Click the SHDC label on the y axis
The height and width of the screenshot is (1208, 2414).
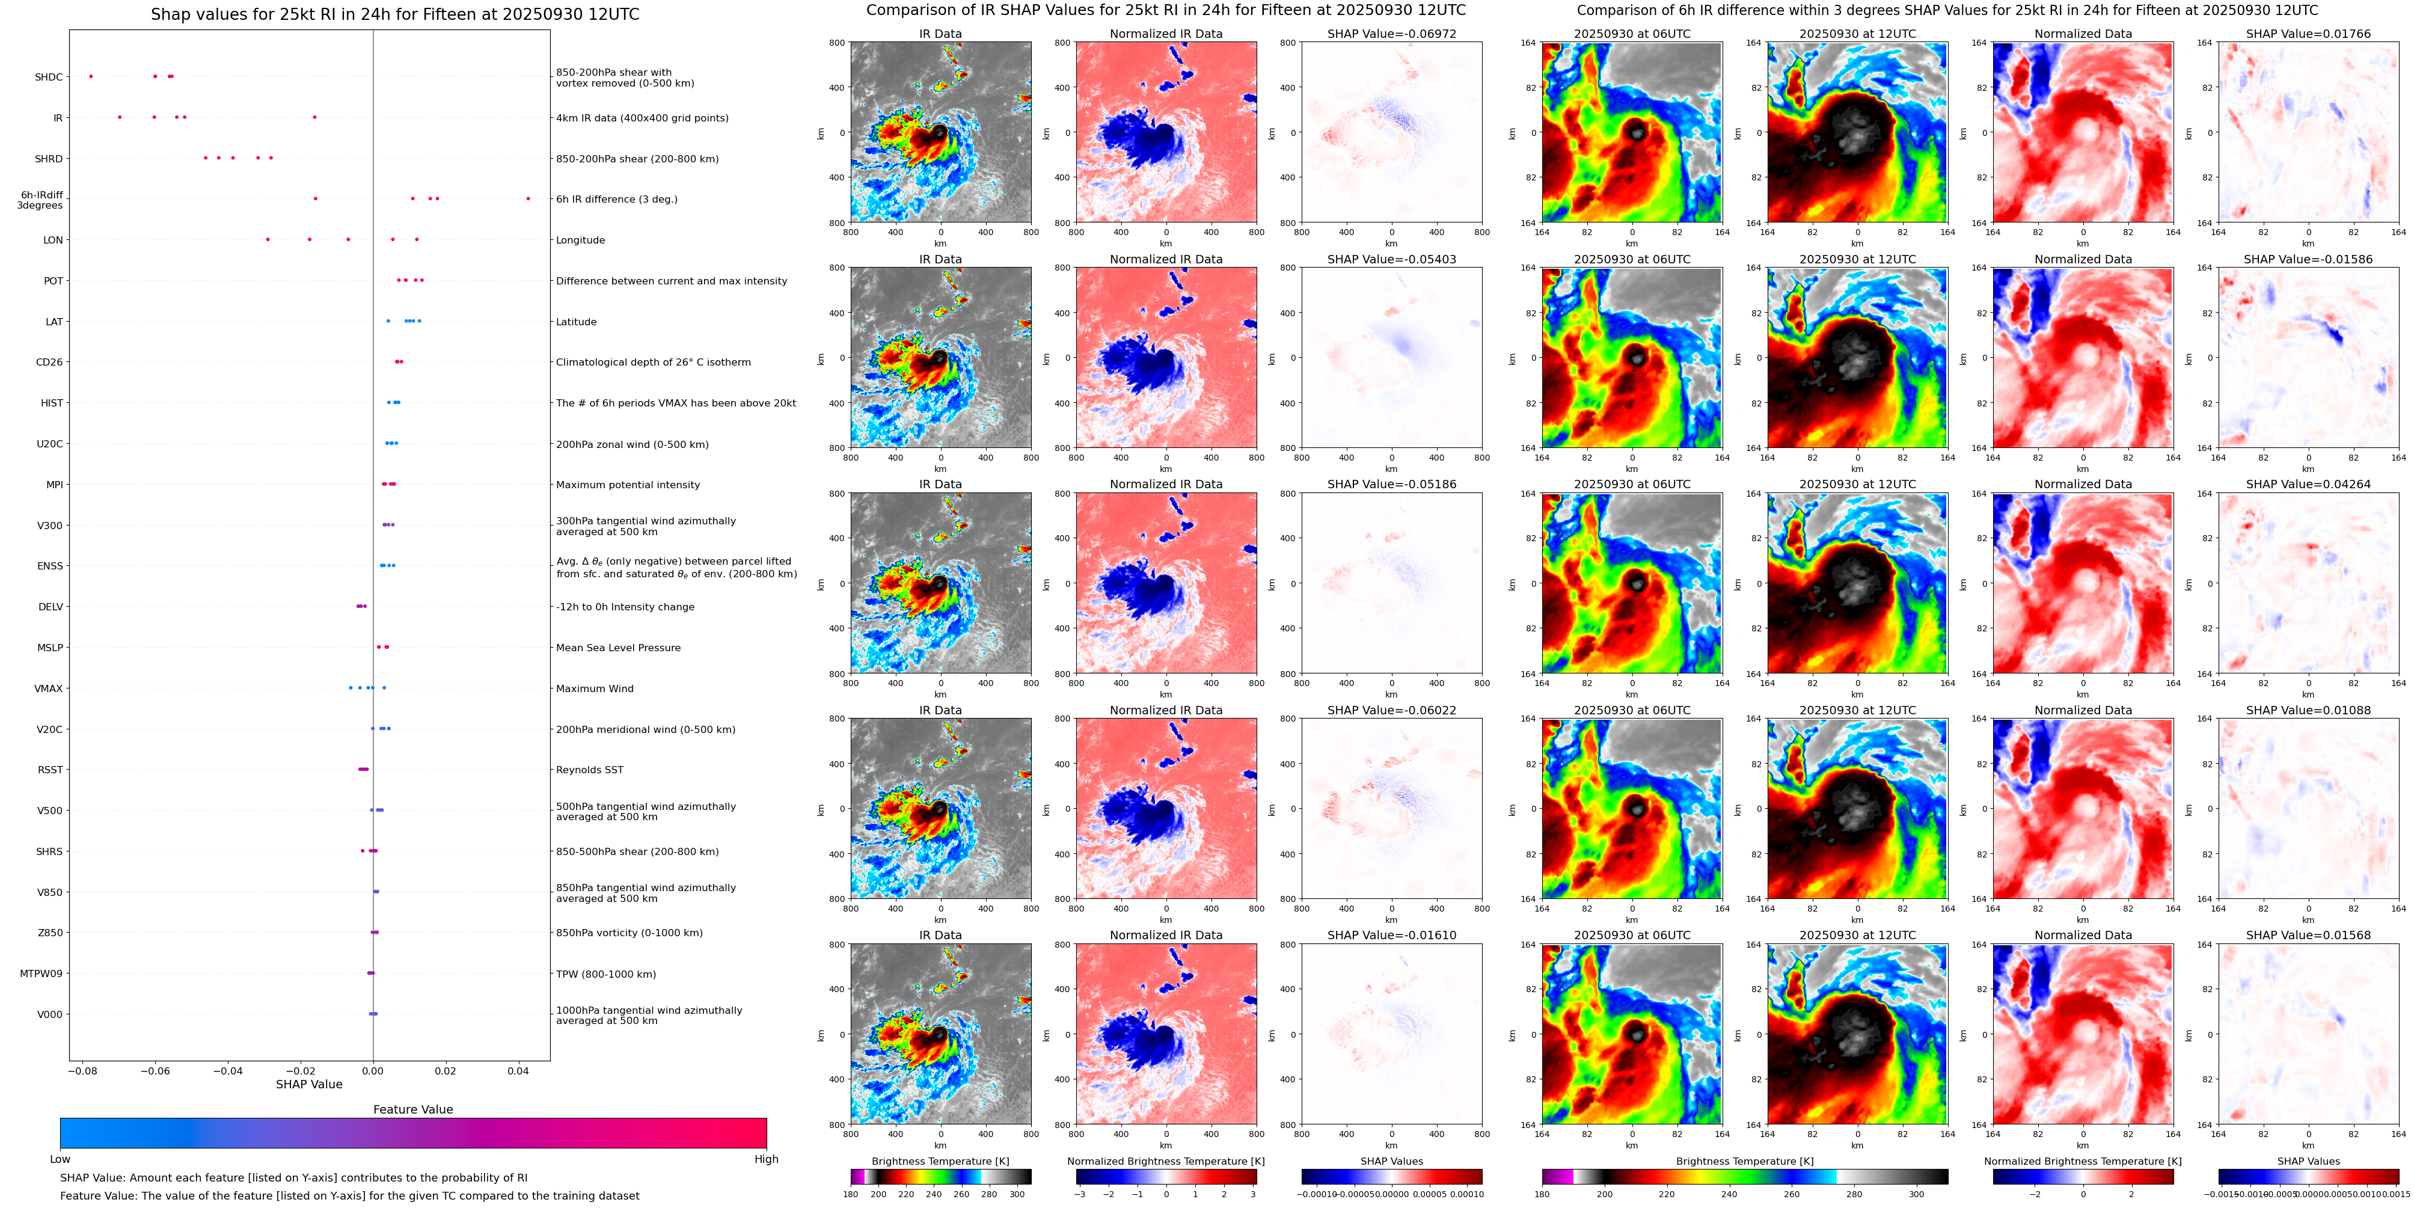click(49, 77)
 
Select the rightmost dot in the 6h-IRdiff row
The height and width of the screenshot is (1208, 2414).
click(528, 198)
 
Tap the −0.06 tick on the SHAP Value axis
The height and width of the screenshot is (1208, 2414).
click(155, 1071)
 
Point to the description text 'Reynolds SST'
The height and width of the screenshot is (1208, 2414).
click(589, 770)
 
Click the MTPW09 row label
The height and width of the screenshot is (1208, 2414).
click(41, 973)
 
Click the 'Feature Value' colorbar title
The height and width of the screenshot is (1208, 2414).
click(413, 1109)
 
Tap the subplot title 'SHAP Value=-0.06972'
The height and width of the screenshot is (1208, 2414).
click(1392, 34)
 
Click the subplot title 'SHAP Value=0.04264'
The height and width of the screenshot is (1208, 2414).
click(2308, 485)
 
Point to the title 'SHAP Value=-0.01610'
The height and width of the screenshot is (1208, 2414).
click(1392, 935)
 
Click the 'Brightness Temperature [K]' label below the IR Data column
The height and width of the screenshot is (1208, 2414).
click(940, 1161)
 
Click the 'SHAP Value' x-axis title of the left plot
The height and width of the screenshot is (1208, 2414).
click(309, 1084)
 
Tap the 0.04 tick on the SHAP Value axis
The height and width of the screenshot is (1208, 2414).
click(518, 1071)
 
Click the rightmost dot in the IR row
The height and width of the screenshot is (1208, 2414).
click(315, 117)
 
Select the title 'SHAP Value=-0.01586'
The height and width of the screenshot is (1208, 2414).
click(2308, 260)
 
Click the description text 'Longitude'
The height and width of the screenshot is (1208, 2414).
click(580, 240)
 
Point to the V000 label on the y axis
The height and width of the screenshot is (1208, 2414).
click(50, 1014)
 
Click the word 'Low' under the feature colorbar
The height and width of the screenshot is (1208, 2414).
click(60, 1159)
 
